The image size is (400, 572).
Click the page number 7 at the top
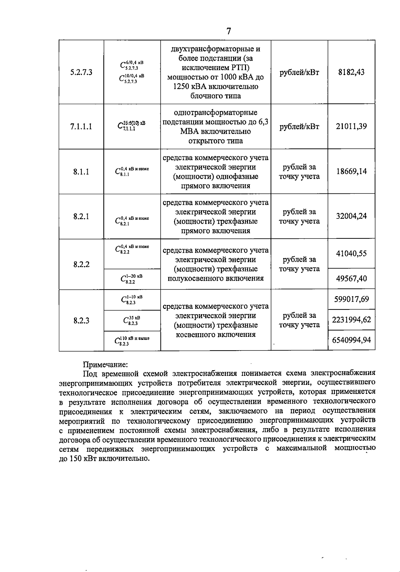point(228,31)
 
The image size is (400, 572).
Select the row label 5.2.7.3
point(81,72)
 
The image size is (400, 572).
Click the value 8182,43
point(351,72)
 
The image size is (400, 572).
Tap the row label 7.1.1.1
point(81,127)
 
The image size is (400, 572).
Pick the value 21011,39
point(351,126)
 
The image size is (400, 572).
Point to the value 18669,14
point(351,171)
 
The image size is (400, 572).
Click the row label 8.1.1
point(81,172)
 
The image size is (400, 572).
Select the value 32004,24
point(351,216)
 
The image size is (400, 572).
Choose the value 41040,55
point(351,253)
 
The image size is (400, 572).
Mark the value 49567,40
point(351,278)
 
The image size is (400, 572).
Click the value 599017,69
point(351,299)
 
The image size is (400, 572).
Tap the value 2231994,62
point(351,320)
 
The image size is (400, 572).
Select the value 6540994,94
point(351,340)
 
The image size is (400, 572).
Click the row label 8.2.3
point(81,321)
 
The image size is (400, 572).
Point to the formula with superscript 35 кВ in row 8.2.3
point(131,321)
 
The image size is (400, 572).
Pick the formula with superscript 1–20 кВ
point(131,279)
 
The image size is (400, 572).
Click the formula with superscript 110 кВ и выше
point(131,341)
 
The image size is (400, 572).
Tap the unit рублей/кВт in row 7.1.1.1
point(299,127)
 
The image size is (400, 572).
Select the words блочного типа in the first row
point(215,96)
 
